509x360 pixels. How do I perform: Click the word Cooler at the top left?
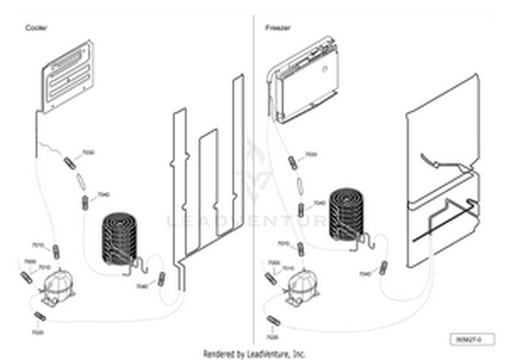[36, 28]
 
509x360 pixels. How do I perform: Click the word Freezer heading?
[278, 28]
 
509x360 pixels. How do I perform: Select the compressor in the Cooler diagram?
[55, 284]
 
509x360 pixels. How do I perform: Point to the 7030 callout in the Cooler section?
[88, 153]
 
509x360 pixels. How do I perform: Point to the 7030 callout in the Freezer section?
[310, 155]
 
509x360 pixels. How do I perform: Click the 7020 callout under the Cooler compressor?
[38, 332]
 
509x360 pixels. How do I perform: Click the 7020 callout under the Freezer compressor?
[272, 337]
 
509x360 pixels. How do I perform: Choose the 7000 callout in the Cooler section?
[30, 262]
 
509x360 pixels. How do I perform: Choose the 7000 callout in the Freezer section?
[274, 262]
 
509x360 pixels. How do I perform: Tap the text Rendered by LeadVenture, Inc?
[254, 354]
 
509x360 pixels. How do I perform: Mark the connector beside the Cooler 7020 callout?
[39, 316]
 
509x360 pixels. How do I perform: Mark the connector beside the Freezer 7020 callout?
[273, 321]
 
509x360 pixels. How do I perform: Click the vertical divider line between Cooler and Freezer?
[253, 182]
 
